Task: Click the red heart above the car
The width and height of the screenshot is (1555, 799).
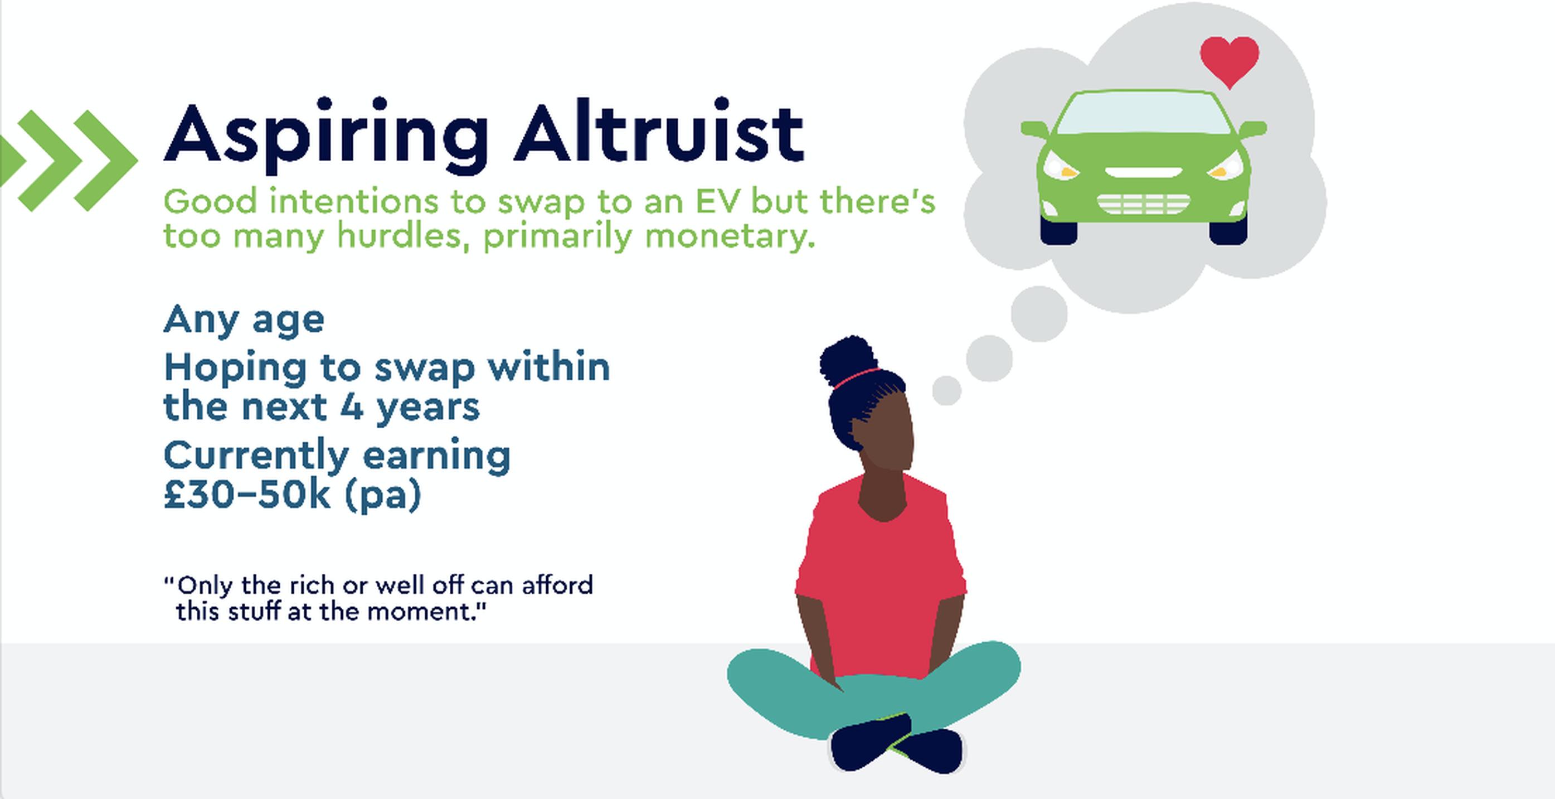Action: tap(1230, 61)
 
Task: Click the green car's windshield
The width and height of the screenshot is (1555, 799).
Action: tap(1143, 114)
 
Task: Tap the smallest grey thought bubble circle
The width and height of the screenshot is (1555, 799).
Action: tap(946, 390)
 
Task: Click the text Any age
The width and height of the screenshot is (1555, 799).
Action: tap(244, 319)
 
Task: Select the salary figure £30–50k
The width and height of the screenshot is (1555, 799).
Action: tap(247, 495)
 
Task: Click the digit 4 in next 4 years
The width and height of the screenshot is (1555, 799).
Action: tap(352, 407)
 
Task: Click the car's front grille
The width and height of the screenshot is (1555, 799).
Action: tap(1143, 204)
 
